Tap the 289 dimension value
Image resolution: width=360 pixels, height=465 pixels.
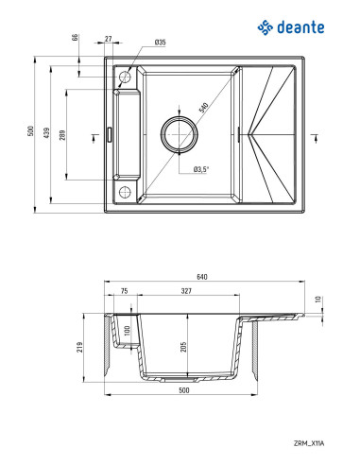[62, 135]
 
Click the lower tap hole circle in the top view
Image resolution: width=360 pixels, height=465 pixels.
[122, 191]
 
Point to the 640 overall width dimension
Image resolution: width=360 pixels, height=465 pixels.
[201, 276]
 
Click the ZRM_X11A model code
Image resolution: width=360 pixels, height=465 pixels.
[307, 440]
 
